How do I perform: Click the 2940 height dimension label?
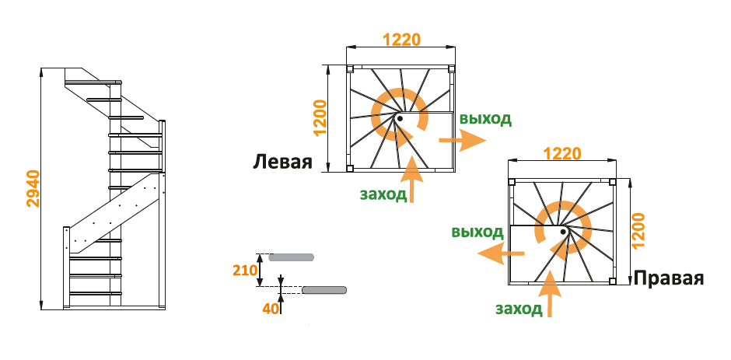click(x=33, y=188)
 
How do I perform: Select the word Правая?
click(x=670, y=279)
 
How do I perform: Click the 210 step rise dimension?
click(x=245, y=270)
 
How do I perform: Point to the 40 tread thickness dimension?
click(x=270, y=309)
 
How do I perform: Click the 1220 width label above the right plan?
click(x=561, y=154)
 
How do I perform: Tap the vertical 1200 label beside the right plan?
click(x=639, y=230)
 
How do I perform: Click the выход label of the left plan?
click(x=485, y=119)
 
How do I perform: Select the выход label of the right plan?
click(x=477, y=232)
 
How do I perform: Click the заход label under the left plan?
click(x=383, y=194)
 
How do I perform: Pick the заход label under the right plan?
click(x=519, y=309)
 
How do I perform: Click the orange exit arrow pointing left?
click(x=499, y=253)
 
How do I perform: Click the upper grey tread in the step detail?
click(x=292, y=255)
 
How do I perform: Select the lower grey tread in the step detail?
click(x=324, y=290)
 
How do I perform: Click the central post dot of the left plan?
click(x=399, y=118)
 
